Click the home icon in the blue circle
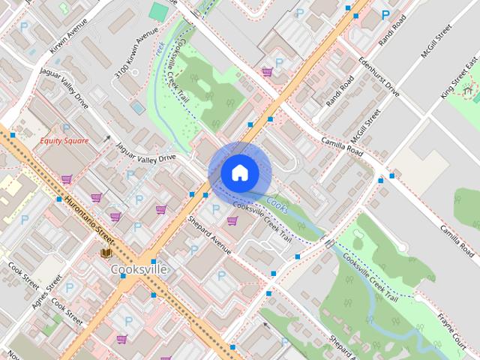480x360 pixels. (239, 172)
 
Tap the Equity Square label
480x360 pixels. (64, 140)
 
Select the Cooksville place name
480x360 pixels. (139, 268)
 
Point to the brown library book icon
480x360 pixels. (105, 253)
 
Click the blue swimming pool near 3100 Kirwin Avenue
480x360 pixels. (136, 106)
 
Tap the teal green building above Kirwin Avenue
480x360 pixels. (158, 11)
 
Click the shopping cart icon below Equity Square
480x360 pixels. (66, 179)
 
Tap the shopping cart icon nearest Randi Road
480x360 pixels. (266, 72)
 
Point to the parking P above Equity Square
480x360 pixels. (65, 127)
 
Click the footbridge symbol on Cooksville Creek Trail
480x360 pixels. (328, 244)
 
